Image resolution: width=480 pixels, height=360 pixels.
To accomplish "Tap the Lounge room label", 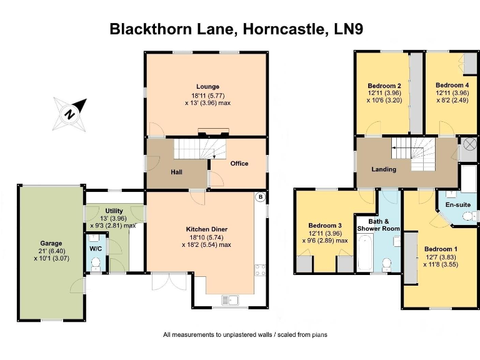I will (x=206, y=86).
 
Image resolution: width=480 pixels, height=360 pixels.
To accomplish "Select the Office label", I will (x=239, y=164).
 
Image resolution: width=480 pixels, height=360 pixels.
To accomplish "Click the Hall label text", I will (x=176, y=172).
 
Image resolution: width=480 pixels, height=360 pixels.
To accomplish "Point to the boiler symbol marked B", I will (x=259, y=197).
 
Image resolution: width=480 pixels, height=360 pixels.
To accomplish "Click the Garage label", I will (x=51, y=243).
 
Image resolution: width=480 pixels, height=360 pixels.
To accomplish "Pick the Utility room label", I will (x=114, y=211).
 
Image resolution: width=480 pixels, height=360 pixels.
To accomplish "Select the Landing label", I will (x=383, y=169).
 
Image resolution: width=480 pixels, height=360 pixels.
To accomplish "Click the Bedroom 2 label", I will (x=384, y=86).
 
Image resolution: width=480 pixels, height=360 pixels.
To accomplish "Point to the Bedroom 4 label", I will (x=452, y=85).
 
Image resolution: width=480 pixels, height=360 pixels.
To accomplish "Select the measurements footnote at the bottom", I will (x=245, y=335).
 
